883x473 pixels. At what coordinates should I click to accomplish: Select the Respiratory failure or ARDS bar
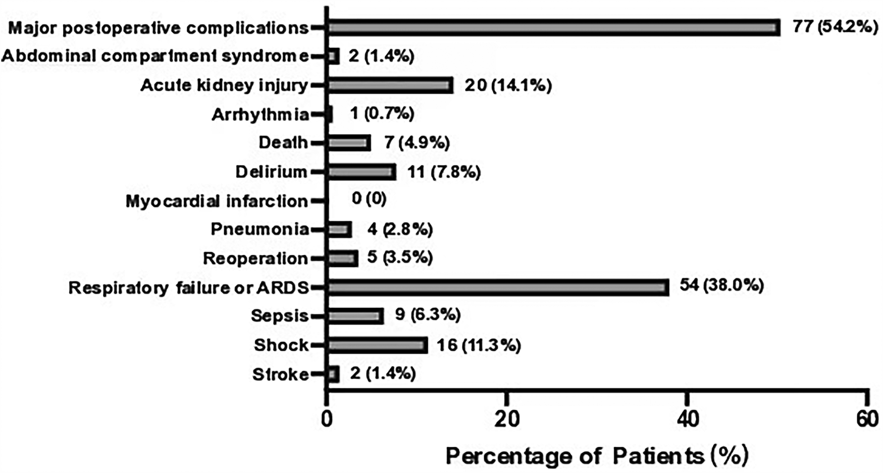497,287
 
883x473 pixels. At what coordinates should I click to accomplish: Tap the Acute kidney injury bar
390,85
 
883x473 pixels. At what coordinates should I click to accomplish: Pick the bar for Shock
377,345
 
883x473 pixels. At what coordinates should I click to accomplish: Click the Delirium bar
361,172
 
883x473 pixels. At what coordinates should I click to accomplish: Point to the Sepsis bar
355,316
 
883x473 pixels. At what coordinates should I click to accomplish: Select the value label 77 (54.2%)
835,26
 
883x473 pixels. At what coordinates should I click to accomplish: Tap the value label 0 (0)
369,199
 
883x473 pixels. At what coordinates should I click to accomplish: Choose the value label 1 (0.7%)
382,114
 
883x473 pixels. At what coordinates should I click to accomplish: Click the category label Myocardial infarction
217,201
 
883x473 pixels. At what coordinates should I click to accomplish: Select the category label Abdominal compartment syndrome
155,56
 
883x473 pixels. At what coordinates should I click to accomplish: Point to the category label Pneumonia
259,229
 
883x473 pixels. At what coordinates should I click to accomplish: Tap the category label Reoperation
255,258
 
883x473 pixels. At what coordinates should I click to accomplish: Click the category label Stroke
280,375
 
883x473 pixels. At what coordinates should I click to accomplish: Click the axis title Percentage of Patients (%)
596,456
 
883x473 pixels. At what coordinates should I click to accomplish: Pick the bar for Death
348,143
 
